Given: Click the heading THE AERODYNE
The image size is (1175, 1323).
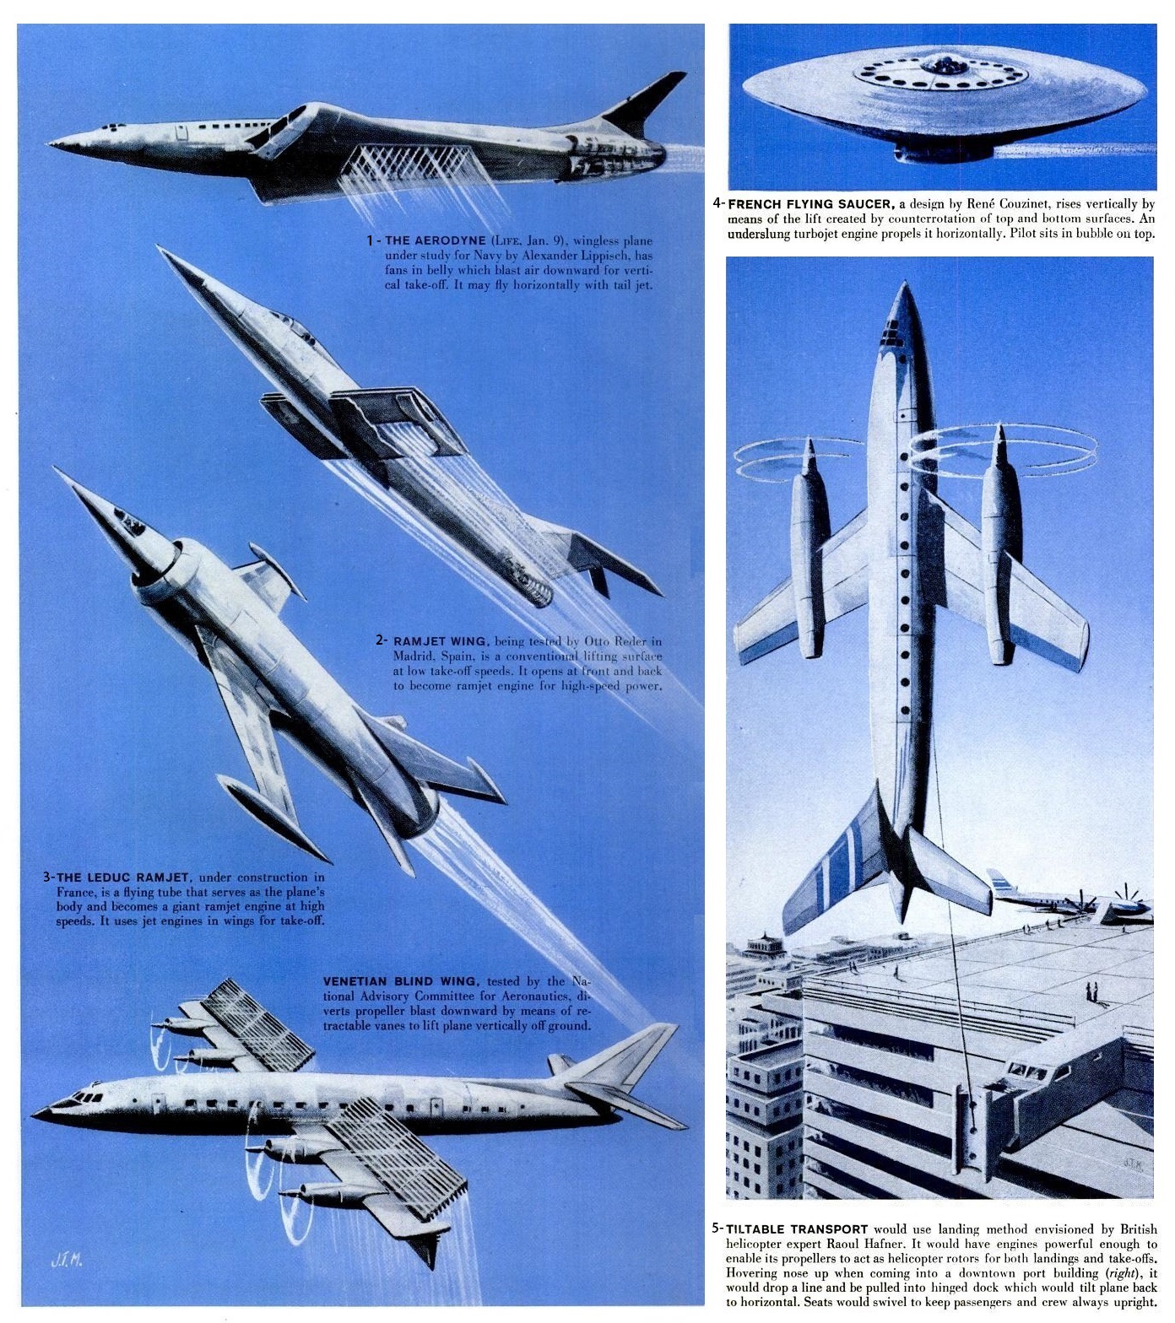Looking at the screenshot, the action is (436, 240).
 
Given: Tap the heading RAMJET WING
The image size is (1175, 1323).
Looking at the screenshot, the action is (440, 640).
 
